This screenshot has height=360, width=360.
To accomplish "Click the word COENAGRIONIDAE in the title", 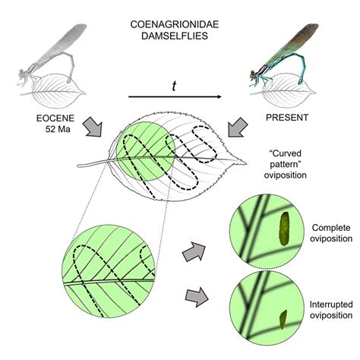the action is click(x=175, y=24).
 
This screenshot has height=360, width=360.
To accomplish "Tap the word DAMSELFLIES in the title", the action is click(x=175, y=36).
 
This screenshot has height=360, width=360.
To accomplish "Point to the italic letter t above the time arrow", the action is click(x=174, y=87).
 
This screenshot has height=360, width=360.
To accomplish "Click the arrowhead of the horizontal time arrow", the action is click(x=219, y=96).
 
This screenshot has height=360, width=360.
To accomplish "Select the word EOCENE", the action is click(x=55, y=118).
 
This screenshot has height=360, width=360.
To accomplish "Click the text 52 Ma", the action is click(x=58, y=129).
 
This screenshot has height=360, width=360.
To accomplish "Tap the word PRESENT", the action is click(x=287, y=118).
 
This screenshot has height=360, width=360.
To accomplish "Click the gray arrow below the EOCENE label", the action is click(x=93, y=127).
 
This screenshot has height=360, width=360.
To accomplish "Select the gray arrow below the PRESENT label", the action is click(x=238, y=127).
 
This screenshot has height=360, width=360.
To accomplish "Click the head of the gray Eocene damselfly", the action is click(x=21, y=74).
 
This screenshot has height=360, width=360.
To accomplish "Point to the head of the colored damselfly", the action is click(x=253, y=74).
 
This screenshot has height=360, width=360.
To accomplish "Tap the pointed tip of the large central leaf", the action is click(x=246, y=163).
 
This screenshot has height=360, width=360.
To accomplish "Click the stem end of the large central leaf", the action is click(x=78, y=166).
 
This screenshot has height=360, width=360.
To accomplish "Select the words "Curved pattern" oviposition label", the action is click(x=286, y=164).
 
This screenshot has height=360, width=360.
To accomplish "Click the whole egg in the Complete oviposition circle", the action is click(x=284, y=229).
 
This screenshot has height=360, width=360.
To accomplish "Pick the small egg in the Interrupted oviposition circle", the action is click(x=283, y=320).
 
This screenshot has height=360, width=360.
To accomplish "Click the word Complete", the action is click(x=331, y=228).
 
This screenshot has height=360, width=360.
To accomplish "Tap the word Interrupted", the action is click(x=331, y=304).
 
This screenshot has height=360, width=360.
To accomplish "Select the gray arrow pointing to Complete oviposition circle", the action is click(x=194, y=251).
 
